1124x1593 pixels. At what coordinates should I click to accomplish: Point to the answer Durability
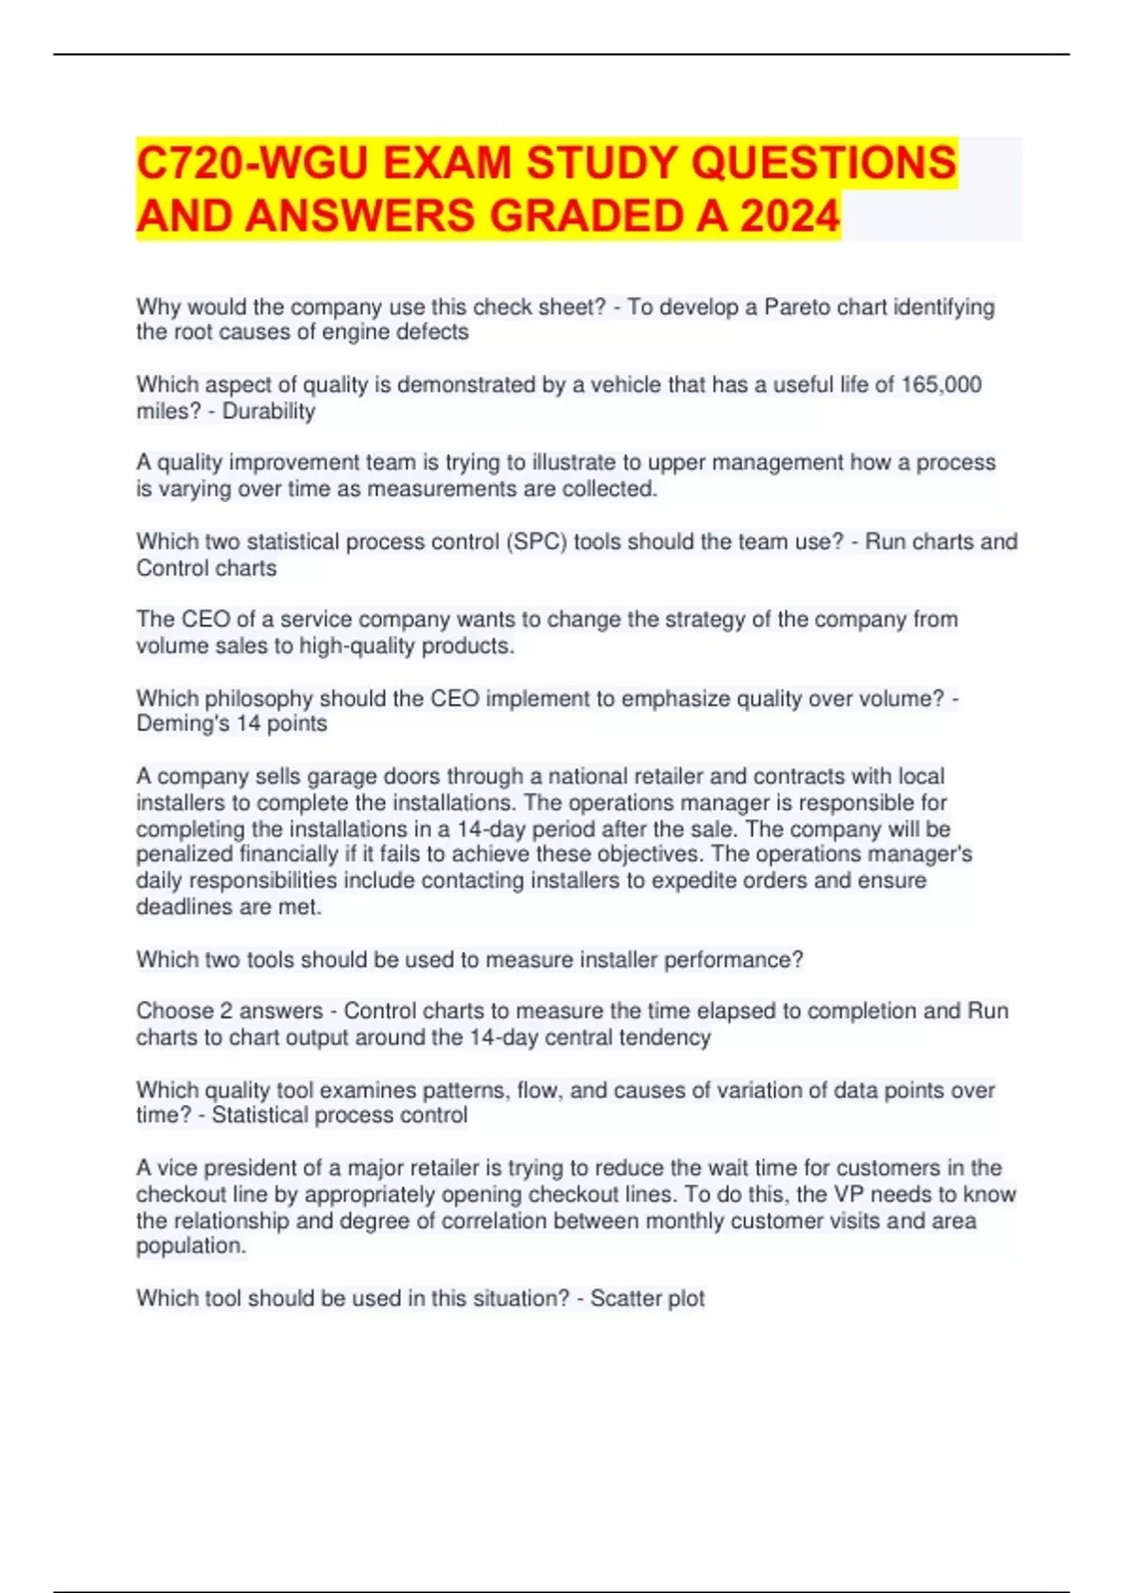click(x=269, y=411)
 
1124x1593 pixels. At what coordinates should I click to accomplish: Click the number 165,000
click(x=940, y=385)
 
